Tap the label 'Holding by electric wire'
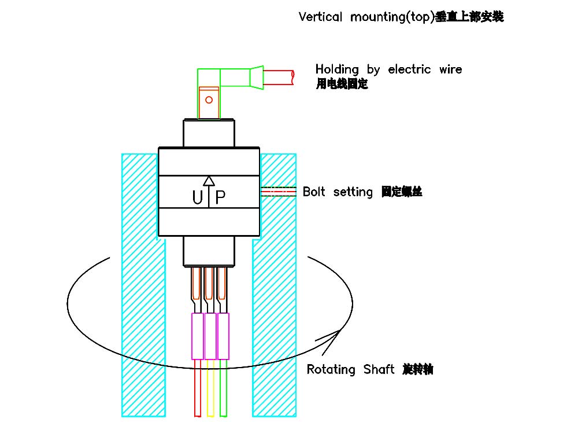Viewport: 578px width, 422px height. click(x=388, y=69)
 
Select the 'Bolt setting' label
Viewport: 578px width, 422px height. click(x=338, y=192)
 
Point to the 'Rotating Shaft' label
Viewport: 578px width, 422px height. click(x=351, y=369)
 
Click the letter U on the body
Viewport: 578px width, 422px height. click(x=198, y=199)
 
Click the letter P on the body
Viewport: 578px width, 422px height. click(x=220, y=199)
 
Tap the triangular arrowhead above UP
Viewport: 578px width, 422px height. click(x=209, y=181)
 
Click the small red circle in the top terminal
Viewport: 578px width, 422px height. click(x=209, y=100)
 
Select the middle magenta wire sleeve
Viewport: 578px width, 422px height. click(x=210, y=336)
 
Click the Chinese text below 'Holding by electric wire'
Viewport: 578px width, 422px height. click(x=342, y=85)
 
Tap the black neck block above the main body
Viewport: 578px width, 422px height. click(x=209, y=133)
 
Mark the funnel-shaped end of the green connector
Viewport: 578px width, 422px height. click(x=256, y=77)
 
